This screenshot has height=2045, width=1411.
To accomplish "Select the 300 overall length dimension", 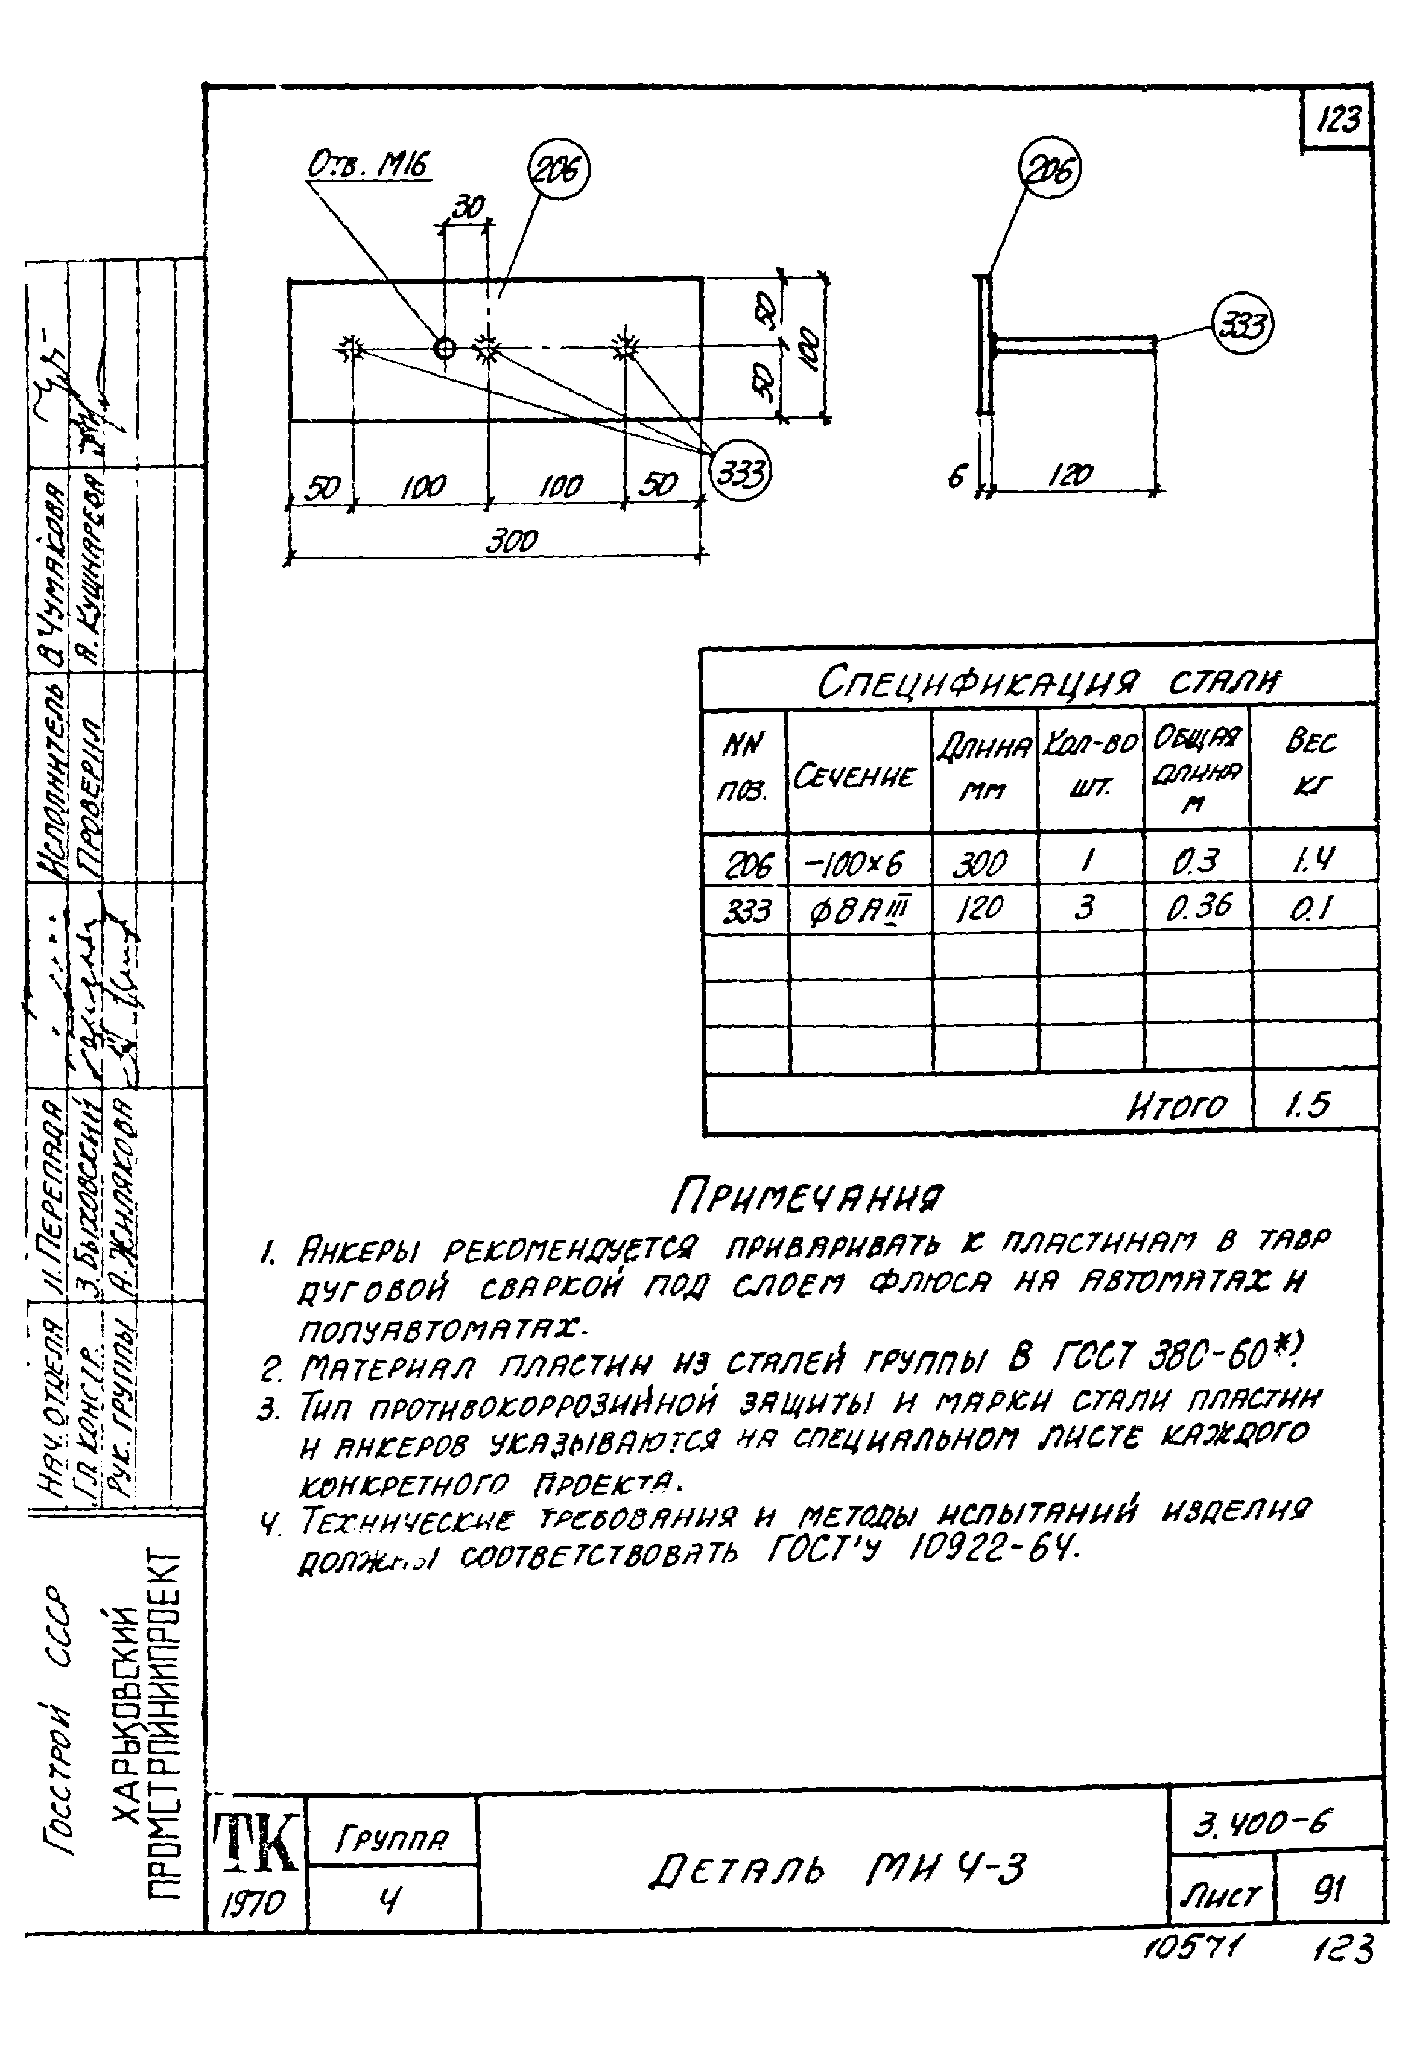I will (512, 540).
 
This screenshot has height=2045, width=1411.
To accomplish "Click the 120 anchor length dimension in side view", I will (1073, 476).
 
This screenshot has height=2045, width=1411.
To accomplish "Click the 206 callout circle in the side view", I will (1050, 170).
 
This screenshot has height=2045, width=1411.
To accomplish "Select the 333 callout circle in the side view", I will (1242, 326).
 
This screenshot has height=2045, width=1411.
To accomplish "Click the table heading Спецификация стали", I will (1046, 682).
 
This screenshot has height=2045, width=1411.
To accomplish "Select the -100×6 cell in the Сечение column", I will (854, 862).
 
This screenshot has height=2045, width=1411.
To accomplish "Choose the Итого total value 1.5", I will (1308, 1103).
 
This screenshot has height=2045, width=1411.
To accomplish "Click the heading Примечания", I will (807, 1197).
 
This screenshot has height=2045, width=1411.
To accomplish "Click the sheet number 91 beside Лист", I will (1328, 1889).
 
